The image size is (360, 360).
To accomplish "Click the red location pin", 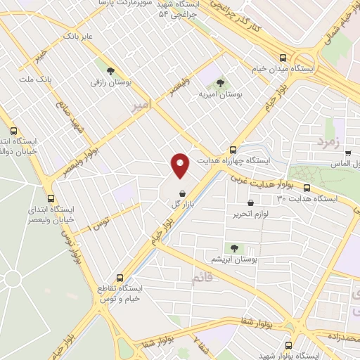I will (x=181, y=165).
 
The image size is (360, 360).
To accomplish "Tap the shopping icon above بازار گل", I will (x=182, y=193).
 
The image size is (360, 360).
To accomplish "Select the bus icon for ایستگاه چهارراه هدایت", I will (x=233, y=149).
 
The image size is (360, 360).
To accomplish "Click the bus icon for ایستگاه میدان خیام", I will (x=282, y=58).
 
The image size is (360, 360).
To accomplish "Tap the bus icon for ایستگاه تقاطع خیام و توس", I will (x=120, y=277).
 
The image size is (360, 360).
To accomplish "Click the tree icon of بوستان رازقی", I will (x=110, y=70).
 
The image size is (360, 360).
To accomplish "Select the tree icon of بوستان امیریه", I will (x=220, y=83).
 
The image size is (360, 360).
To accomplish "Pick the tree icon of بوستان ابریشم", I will (x=234, y=247).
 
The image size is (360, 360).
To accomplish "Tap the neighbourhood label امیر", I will (x=141, y=105).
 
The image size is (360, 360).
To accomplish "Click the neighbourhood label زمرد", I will (x=328, y=141).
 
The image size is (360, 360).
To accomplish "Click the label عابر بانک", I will (x=77, y=34).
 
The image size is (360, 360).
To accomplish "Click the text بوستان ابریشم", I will (x=234, y=259).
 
